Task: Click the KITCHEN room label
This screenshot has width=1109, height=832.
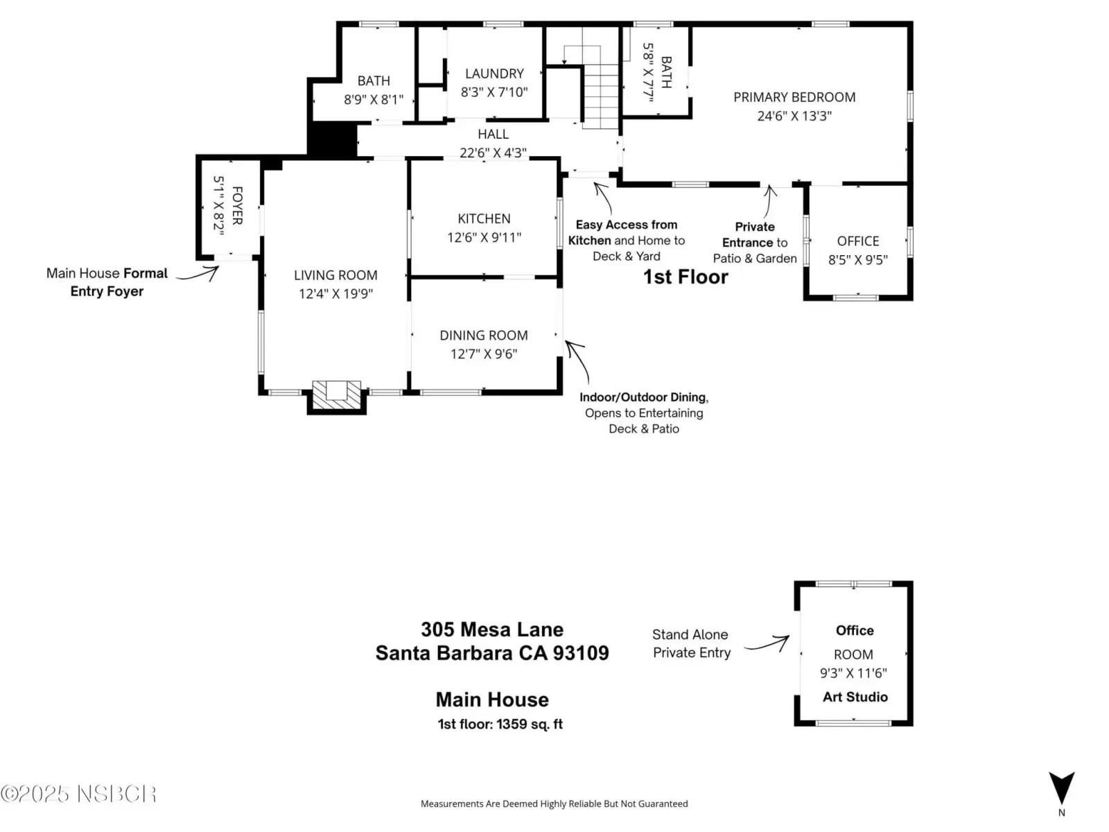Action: coord(484,218)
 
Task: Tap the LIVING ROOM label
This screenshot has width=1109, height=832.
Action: coord(335,275)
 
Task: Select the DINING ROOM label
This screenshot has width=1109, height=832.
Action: coord(484,336)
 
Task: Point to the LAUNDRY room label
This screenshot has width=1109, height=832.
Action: coord(494,73)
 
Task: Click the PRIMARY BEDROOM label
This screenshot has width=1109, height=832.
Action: coord(794,97)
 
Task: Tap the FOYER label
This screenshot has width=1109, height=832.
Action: coord(237,206)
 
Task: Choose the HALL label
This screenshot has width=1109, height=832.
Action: coord(493,135)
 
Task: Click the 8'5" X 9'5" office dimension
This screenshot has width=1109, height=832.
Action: coord(858,259)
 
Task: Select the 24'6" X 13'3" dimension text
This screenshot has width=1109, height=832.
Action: coord(794,116)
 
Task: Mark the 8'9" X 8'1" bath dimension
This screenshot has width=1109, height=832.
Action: coord(374,100)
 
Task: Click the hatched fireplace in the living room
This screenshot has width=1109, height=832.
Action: coord(336,395)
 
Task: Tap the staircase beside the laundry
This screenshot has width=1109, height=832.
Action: coord(600,96)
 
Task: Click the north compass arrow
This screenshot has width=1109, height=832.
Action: coord(1061,788)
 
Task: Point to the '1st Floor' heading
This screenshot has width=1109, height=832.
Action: coord(685,277)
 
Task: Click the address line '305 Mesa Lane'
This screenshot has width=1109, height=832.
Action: coord(492,630)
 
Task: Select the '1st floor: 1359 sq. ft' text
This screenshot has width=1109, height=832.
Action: coord(500,724)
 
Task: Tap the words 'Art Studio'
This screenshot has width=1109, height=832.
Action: coord(855,697)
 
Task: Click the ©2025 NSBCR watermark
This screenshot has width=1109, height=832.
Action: coord(79,794)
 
